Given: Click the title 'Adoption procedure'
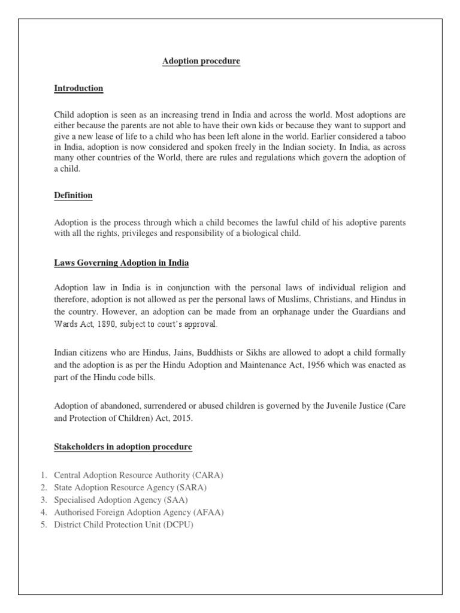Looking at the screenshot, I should coord(201,62).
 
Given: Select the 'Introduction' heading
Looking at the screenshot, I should coord(78,89).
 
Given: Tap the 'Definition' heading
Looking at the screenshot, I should coord(73,196).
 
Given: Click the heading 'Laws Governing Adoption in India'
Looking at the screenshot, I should coord(121,263).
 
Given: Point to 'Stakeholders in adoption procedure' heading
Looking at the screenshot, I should coord(123,447).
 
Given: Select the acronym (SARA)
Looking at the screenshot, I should coord(196,487).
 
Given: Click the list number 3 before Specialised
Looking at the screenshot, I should coord(44,500).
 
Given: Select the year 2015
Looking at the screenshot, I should coord(194,418).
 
